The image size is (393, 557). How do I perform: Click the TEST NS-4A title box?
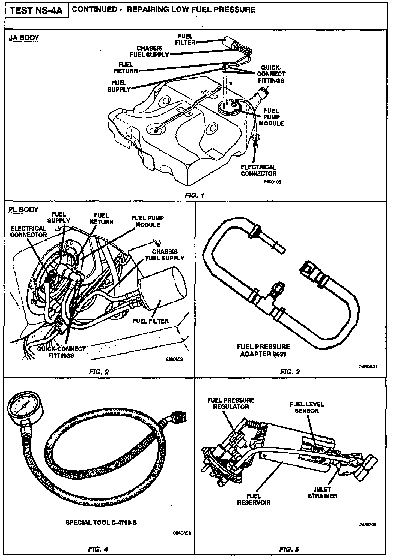[x=36, y=11]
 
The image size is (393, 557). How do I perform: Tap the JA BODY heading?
[x=24, y=37]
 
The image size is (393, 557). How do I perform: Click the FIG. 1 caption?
[x=194, y=195]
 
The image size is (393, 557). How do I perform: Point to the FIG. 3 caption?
[x=290, y=372]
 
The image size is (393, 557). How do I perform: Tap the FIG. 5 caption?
[x=290, y=549]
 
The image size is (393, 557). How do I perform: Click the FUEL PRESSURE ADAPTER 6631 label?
[x=263, y=351]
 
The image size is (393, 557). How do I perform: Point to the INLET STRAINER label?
[x=323, y=493]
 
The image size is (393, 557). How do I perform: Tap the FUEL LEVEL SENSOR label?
[x=307, y=408]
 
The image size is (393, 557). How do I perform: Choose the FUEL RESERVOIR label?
[x=254, y=499]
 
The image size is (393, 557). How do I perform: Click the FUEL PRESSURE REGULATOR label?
[x=231, y=403]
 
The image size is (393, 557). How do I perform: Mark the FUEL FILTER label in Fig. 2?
[x=151, y=321]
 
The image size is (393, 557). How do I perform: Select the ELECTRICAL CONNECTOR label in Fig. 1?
[x=258, y=170]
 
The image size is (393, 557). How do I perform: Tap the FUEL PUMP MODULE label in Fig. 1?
[x=271, y=117]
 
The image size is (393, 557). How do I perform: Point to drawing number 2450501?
[x=368, y=367]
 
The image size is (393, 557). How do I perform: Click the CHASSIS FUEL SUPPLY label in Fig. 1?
[x=150, y=51]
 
